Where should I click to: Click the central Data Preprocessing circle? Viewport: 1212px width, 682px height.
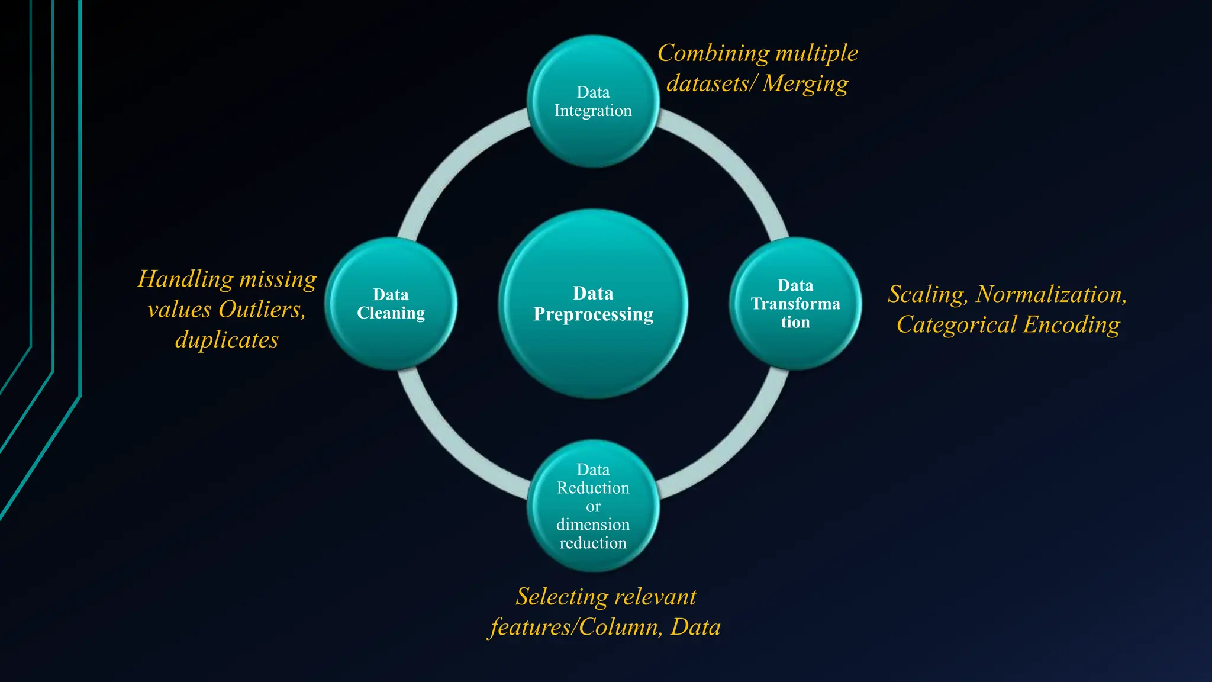(593, 355)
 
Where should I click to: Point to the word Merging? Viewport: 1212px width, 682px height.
(805, 84)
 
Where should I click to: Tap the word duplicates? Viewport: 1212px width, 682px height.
(227, 340)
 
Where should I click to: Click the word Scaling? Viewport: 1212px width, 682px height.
(927, 295)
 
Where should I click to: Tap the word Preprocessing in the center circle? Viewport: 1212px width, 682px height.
(593, 314)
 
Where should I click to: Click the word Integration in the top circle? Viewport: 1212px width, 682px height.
(593, 111)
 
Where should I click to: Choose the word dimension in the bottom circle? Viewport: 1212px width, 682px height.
(593, 525)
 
